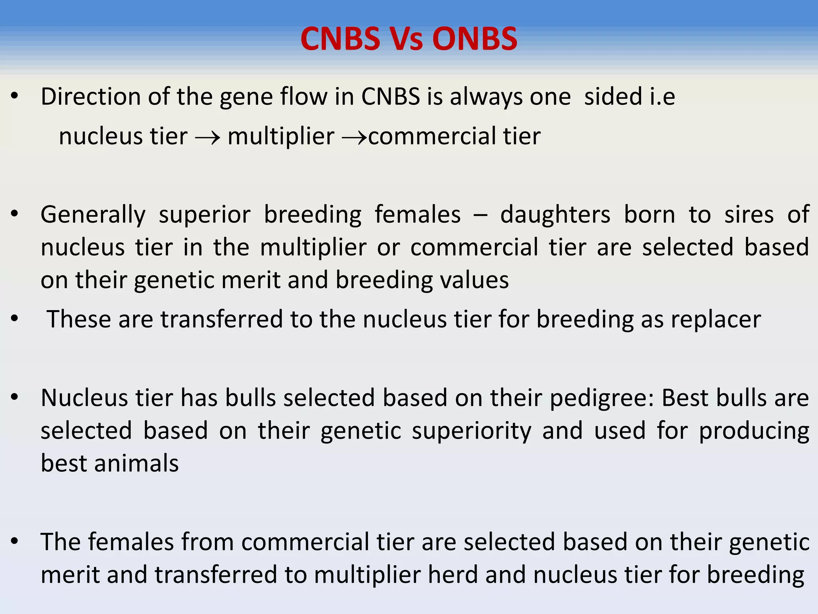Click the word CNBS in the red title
[x=340, y=39]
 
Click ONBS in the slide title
[x=475, y=39]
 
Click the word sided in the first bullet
[x=613, y=97]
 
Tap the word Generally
[x=93, y=215]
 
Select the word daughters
[x=555, y=215]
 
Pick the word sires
[x=749, y=215]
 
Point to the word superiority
[x=471, y=431]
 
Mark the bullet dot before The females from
[x=15, y=541]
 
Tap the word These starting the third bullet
[x=79, y=320]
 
